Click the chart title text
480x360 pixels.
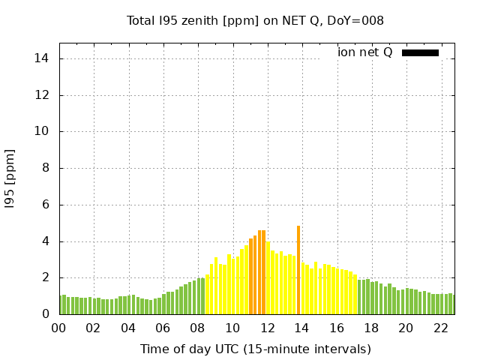click(255, 20)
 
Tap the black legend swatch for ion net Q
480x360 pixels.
click(420, 52)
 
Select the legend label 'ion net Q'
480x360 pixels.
click(365, 52)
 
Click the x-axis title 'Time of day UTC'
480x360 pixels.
click(255, 349)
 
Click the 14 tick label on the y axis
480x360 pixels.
click(43, 58)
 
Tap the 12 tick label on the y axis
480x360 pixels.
click(43, 95)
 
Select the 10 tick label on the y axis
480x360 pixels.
click(43, 131)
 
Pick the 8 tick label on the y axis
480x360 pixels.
click(46, 168)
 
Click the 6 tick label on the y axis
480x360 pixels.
click(46, 205)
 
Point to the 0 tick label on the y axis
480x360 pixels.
click(46, 314)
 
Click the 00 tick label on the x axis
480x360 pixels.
click(58, 328)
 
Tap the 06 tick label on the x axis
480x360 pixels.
click(163, 328)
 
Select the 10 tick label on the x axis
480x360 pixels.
click(232, 328)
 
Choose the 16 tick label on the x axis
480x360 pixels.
click(337, 328)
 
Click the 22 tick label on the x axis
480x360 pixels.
click(441, 328)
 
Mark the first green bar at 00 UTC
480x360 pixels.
click(61, 305)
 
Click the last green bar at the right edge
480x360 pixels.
click(452, 304)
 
